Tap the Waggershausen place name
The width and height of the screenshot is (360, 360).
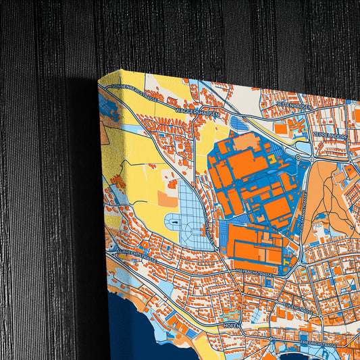pyautogui.click(x=195, y=110)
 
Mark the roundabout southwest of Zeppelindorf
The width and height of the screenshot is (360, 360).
pyautogui.click(x=298, y=157)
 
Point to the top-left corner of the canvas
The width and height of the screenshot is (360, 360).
pyautogui.click(x=99, y=80)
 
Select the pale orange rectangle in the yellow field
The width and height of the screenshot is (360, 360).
pyautogui.click(x=168, y=197)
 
